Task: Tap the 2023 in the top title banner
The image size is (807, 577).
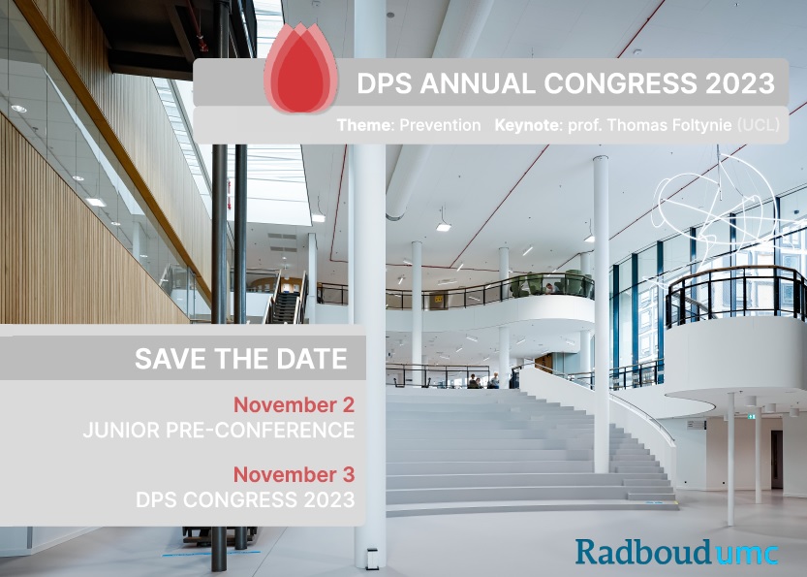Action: [x=740, y=83]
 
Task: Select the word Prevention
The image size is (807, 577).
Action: [x=440, y=125]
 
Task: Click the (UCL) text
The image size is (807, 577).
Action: [x=759, y=125]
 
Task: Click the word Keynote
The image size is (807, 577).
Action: [x=529, y=125]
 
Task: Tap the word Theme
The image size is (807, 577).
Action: [x=364, y=125]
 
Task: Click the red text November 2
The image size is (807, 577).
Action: [x=294, y=405]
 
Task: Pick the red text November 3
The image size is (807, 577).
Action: [x=294, y=474]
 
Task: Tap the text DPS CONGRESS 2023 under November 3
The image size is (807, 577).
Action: [x=245, y=499]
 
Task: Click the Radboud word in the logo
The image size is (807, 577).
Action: [x=643, y=553]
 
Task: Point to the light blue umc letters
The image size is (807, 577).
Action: [x=746, y=555]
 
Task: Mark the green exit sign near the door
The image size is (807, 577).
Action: [x=752, y=416]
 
